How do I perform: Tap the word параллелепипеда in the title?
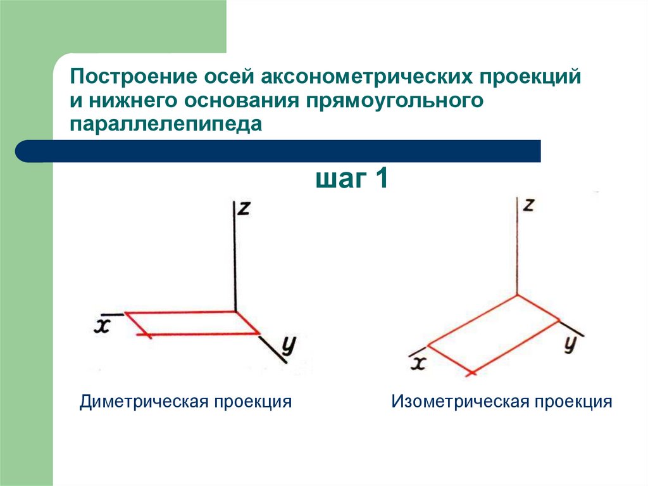[166, 124]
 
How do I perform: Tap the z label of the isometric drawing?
[530, 205]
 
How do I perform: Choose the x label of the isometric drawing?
[418, 362]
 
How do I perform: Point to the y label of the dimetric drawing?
[289, 345]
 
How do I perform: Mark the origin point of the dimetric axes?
[235, 310]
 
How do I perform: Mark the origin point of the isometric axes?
[518, 295]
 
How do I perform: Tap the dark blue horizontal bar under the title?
[278, 151]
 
